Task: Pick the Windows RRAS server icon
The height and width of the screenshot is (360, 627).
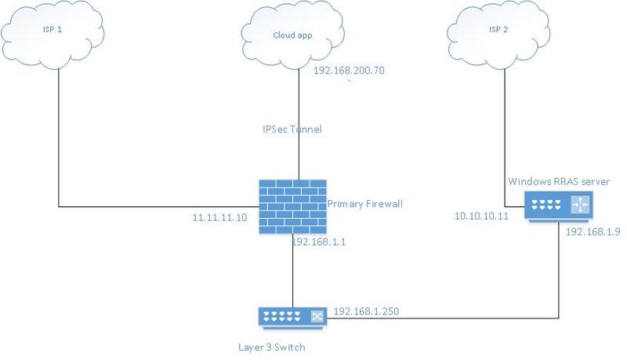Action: click(x=559, y=206)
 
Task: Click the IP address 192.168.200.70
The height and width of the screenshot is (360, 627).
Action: click(x=349, y=71)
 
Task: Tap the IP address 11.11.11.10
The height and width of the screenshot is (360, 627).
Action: click(x=220, y=217)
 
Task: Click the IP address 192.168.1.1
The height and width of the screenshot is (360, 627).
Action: click(x=319, y=242)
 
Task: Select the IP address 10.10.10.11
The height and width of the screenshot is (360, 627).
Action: click(x=481, y=215)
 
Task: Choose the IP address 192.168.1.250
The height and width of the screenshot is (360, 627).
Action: click(x=366, y=311)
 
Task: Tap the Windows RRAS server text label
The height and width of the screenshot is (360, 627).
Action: click(x=559, y=182)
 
